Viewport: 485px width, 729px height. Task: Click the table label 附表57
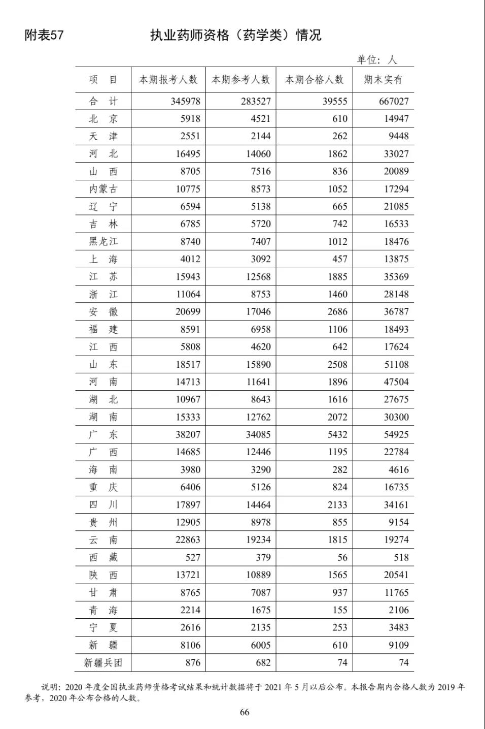(x=44, y=35)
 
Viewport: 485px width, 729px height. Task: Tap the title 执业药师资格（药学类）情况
(x=235, y=35)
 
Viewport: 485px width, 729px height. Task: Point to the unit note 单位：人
(x=376, y=60)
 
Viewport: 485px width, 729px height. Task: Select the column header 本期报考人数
(x=168, y=80)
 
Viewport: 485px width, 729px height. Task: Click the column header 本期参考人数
(x=240, y=80)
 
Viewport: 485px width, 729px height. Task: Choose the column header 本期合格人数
(x=315, y=80)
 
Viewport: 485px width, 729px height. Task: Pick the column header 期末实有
(x=383, y=80)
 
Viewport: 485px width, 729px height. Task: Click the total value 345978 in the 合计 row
(x=185, y=101)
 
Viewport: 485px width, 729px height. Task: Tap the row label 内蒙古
(x=103, y=189)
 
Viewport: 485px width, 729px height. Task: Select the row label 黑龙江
(x=103, y=241)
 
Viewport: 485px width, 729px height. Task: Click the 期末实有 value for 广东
(x=396, y=434)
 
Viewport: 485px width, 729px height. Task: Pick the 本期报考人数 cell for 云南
(x=188, y=540)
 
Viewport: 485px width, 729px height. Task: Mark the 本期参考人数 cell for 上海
(x=261, y=259)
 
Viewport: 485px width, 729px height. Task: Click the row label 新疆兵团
(x=103, y=662)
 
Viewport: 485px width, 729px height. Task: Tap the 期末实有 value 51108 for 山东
(x=396, y=364)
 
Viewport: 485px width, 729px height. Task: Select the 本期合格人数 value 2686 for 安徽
(x=337, y=311)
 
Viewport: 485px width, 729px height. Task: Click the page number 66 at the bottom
(x=245, y=712)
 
